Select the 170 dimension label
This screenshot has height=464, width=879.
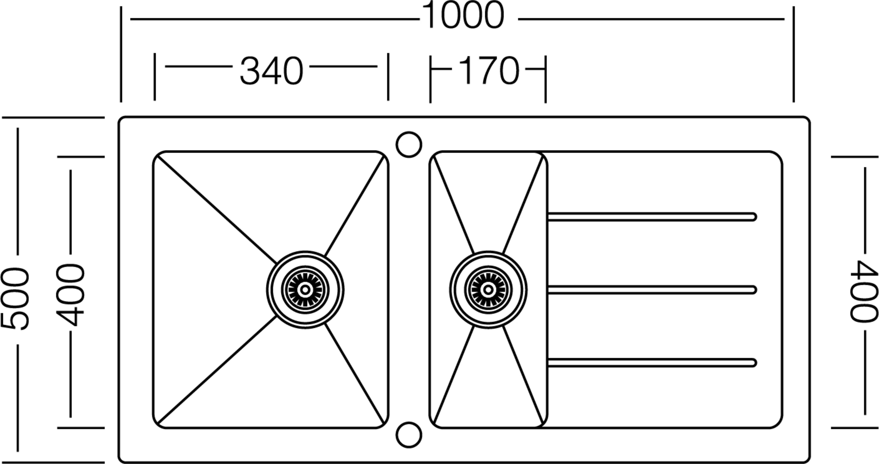(489, 71)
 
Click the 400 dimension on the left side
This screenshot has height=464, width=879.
(70, 295)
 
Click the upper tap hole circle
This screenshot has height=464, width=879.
(409, 144)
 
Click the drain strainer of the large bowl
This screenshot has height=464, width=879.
(305, 290)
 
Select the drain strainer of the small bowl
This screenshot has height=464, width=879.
(488, 290)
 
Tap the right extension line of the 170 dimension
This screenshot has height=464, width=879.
(545, 79)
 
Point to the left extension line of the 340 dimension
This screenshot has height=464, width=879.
(155, 77)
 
